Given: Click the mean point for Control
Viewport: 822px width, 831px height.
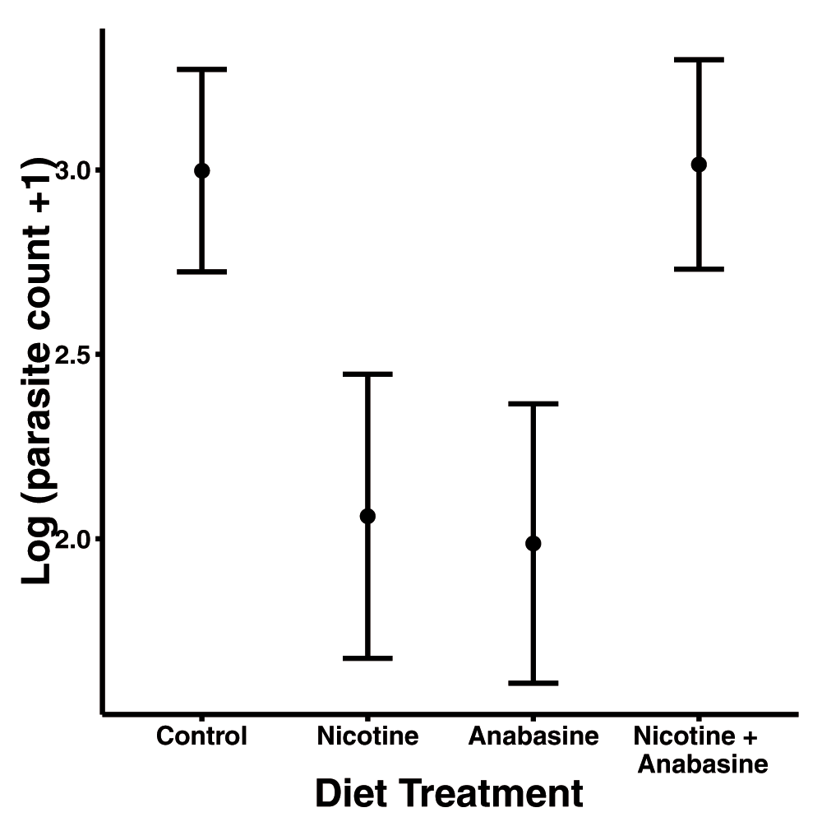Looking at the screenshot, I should click(x=201, y=170).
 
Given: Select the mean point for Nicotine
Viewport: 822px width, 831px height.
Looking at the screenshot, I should click(x=367, y=516).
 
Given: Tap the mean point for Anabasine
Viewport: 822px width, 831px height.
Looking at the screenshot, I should click(x=533, y=543).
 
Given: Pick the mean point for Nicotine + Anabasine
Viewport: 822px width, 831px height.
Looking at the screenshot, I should click(x=699, y=165).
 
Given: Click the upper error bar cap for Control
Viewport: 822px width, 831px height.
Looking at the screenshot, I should click(x=201, y=70).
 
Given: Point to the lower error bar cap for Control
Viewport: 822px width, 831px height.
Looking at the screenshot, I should click(x=201, y=272).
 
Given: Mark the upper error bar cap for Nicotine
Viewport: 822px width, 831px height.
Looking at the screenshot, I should click(x=367, y=374).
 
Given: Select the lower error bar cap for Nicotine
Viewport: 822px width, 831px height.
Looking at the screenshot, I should click(x=367, y=658).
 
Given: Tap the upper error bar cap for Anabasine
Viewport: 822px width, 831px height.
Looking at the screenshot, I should click(x=533, y=404).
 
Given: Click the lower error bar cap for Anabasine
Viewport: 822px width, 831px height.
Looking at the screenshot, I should click(x=533, y=683).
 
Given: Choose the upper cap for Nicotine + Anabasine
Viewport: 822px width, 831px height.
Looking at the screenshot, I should click(x=699, y=60).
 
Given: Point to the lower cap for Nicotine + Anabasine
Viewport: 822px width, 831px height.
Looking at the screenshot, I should click(x=699, y=269).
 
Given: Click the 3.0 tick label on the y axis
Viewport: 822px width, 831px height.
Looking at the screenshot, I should click(x=75, y=171).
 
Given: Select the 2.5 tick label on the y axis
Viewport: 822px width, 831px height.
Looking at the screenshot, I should click(x=75, y=355).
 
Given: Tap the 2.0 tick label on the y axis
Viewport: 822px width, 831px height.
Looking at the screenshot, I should click(x=75, y=539).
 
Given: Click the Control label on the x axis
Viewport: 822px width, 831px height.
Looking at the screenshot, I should click(x=201, y=736).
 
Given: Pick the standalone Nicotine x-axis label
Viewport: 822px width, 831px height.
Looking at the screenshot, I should click(x=367, y=736).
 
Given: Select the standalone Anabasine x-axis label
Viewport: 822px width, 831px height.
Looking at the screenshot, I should click(x=533, y=736).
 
